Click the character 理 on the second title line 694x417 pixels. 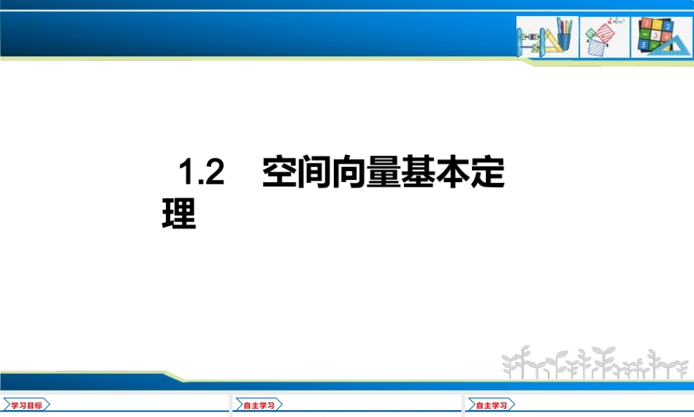179,213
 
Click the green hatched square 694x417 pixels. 590,32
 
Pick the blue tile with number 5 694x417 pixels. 643,45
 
